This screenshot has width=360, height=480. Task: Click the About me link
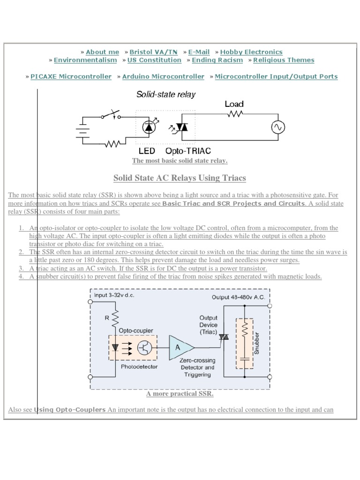point(102,52)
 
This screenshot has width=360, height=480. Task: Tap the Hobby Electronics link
point(251,52)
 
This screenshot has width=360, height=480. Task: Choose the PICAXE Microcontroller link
point(71,76)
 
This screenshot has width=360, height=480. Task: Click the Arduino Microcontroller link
point(163,76)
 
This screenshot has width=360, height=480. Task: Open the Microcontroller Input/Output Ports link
point(276,76)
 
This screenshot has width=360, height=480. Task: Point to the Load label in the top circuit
point(234,104)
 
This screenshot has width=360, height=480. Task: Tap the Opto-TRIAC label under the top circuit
point(188,151)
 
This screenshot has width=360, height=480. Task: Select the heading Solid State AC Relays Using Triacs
point(180,178)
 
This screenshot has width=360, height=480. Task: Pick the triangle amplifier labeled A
point(180,347)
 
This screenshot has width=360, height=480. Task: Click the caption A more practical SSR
point(180,393)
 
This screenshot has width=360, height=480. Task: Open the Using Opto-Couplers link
point(70,410)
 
